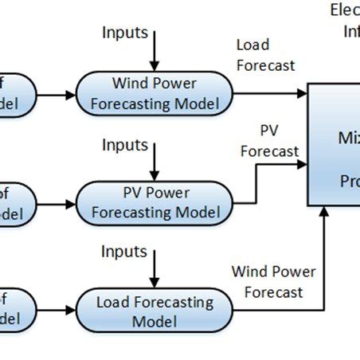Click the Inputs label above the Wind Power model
point(125,33)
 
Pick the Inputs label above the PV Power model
point(125,145)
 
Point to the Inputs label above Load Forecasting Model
point(125,252)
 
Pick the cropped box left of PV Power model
point(16,202)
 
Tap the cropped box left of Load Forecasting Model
point(16,311)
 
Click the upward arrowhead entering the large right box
point(326,213)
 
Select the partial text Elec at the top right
point(344,10)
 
